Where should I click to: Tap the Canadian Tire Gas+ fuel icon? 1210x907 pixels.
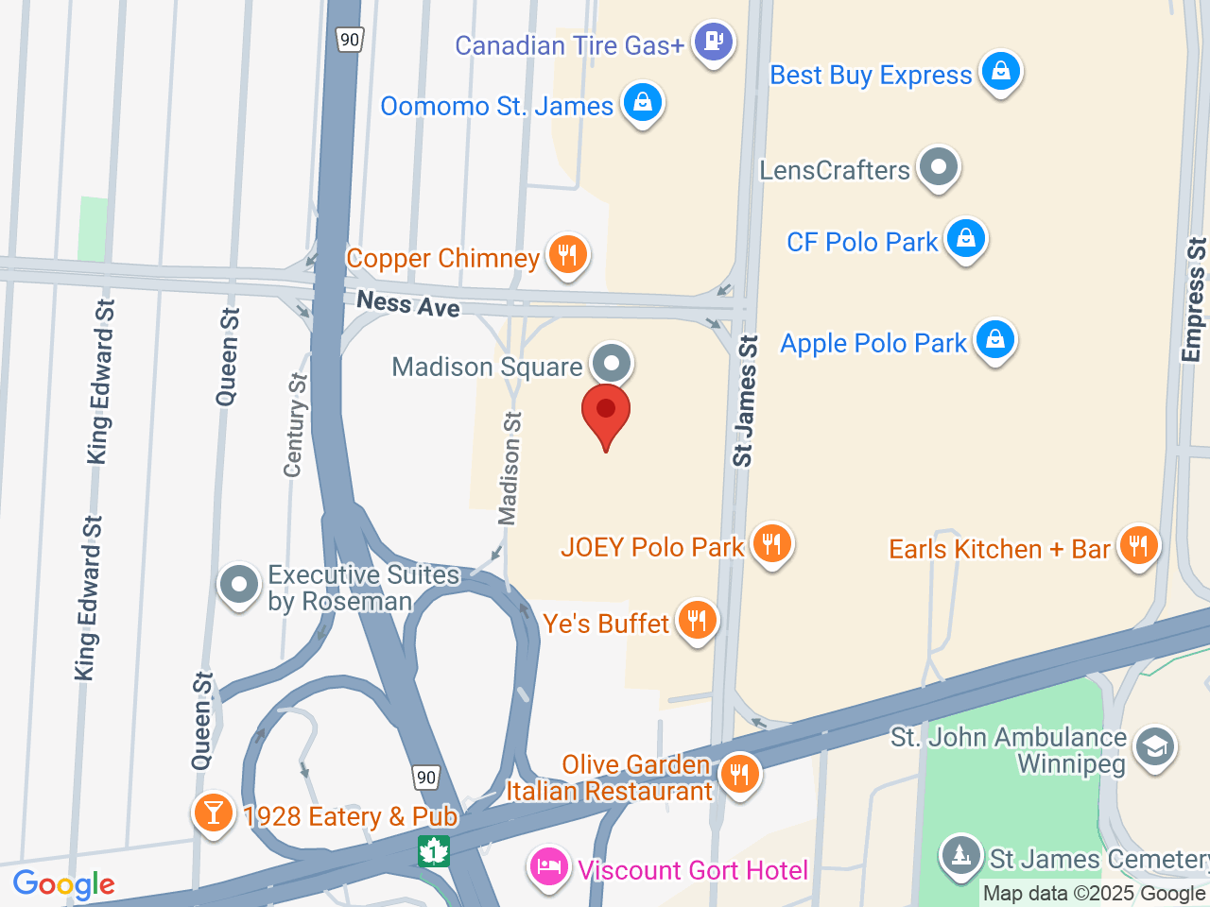tap(714, 42)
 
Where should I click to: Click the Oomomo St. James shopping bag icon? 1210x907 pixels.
tap(643, 102)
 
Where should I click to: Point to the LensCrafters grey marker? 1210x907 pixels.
tap(939, 167)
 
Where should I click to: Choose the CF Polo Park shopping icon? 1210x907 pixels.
tap(965, 239)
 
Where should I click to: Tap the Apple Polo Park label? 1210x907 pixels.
tap(873, 343)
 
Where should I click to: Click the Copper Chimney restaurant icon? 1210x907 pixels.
tap(567, 254)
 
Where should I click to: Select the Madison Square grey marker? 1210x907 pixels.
tap(612, 363)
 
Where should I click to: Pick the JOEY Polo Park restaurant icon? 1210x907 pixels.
tap(771, 544)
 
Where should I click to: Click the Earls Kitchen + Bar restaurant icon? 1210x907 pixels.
tap(1138, 546)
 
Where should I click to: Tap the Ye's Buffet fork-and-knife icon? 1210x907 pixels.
tap(697, 621)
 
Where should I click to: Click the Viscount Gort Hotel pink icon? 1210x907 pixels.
tap(549, 865)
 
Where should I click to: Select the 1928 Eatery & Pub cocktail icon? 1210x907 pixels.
tap(213, 813)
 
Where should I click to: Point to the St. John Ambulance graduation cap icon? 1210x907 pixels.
tap(1154, 747)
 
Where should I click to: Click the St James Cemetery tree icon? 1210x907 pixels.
tap(961, 856)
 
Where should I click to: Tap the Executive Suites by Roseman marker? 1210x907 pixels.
tap(238, 585)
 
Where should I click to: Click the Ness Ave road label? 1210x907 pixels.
tap(408, 304)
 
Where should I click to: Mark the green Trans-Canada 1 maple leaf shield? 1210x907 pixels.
tap(434, 850)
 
